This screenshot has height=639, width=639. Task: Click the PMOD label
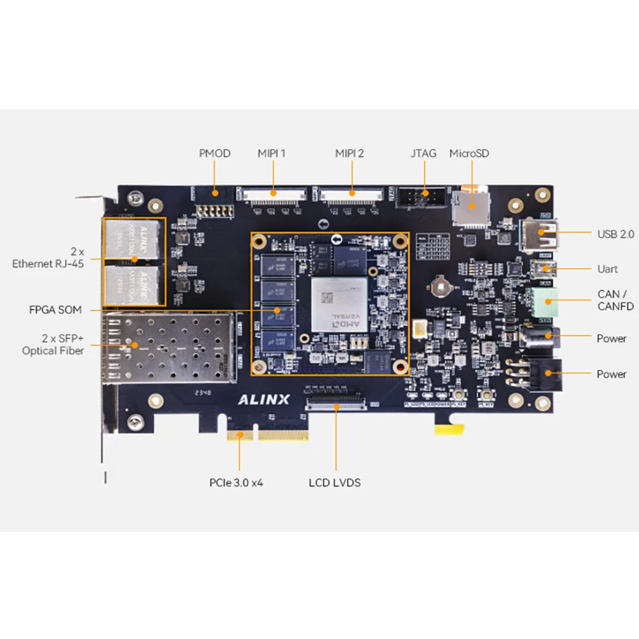[214, 153]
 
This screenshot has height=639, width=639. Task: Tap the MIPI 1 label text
[272, 153]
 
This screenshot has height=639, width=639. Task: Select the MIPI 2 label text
[350, 153]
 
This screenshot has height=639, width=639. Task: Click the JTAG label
[423, 153]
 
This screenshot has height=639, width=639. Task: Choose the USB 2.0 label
[615, 234]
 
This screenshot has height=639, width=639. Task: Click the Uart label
[607, 269]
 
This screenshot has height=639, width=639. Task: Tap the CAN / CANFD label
[615, 300]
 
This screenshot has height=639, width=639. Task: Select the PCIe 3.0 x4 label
[236, 482]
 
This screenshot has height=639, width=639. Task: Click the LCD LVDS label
[334, 482]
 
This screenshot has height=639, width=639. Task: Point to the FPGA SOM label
[56, 310]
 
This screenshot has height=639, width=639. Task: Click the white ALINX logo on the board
[264, 401]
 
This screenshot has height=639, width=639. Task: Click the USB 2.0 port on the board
[540, 235]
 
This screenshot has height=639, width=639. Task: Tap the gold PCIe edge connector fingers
[267, 435]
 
